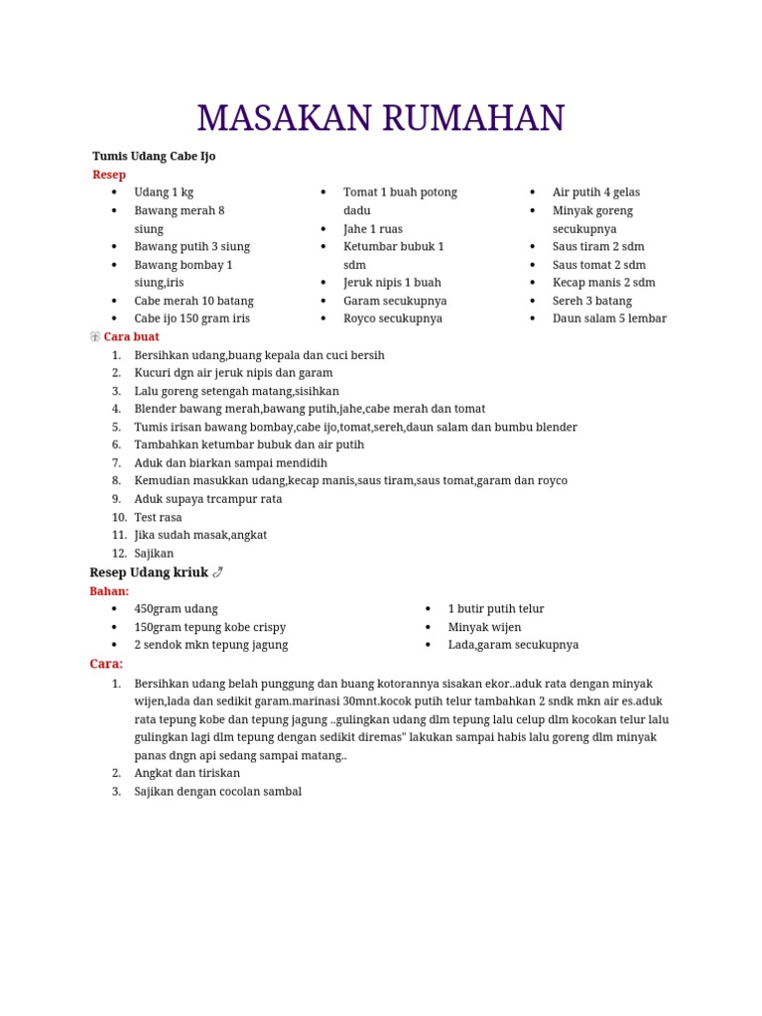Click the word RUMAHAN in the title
pos(472,119)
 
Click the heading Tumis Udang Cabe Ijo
pos(154,156)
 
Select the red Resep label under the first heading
pos(109,175)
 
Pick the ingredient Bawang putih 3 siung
pos(191,246)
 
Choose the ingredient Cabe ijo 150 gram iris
pos(191,318)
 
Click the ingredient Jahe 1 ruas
pos(373,228)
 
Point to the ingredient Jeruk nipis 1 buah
pos(392,283)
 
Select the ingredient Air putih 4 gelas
pos(596,192)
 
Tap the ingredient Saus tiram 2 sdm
pos(598,246)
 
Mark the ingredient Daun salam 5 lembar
pos(609,318)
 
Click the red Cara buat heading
pos(131,336)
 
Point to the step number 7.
pos(116,463)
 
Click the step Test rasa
pos(158,517)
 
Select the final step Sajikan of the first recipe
pos(154,554)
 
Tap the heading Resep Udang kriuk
pos(149,572)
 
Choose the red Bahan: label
pos(109,591)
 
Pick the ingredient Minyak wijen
pos(484,627)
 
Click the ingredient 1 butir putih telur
pos(496,609)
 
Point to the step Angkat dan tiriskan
pos(187,773)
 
